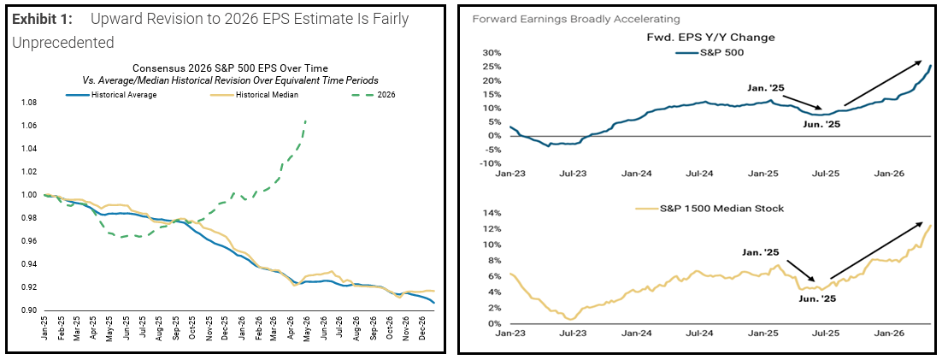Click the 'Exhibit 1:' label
pyautogui.click(x=43, y=20)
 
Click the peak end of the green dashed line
pyautogui.click(x=306, y=121)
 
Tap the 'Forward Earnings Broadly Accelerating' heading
pyautogui.click(x=576, y=19)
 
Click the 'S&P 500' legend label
pyautogui.click(x=715, y=51)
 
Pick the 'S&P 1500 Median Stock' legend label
pyautogui.click(x=705, y=209)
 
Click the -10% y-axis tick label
pyautogui.click(x=492, y=163)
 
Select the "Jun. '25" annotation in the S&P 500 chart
pyautogui.click(x=821, y=125)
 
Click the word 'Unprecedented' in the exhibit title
pyautogui.click(x=63, y=43)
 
